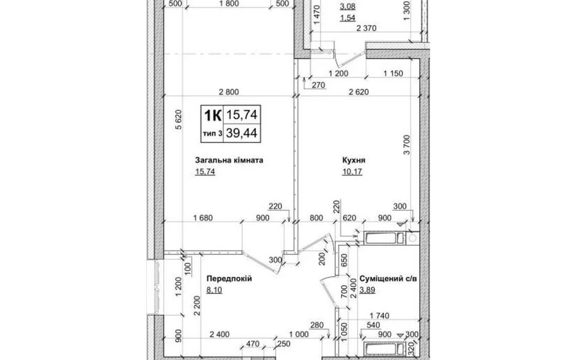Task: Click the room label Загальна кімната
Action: click(229, 160)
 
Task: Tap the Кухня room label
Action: click(353, 160)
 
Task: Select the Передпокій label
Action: click(229, 279)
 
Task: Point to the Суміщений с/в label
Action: click(389, 279)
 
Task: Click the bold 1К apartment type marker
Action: click(212, 115)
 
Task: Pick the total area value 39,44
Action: click(242, 133)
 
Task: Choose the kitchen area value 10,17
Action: click(352, 172)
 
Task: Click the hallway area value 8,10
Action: click(214, 290)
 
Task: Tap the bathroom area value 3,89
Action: click(367, 290)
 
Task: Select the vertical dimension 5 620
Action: click(179, 120)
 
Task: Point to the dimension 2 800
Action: click(229, 92)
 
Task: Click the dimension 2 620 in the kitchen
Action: click(358, 92)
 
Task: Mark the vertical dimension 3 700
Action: click(406, 145)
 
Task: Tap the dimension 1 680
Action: click(203, 218)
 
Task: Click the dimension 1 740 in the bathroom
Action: click(379, 316)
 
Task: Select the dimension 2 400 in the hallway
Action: click(219, 334)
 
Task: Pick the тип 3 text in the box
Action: click(212, 133)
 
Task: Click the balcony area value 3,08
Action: click(347, 6)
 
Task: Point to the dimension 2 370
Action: click(366, 28)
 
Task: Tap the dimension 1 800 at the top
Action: click(228, 4)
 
